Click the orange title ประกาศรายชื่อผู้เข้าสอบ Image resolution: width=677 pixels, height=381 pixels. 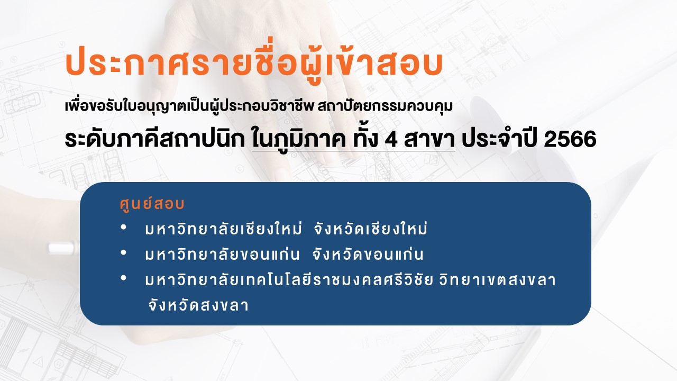(254, 63)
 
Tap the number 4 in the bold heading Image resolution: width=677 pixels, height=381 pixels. (391, 139)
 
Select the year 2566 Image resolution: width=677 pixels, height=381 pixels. (570, 139)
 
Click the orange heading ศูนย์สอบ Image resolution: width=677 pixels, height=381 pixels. (152, 204)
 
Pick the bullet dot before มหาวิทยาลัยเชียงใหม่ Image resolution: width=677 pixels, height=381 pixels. (123, 228)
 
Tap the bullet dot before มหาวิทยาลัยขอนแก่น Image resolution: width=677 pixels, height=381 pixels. (123, 252)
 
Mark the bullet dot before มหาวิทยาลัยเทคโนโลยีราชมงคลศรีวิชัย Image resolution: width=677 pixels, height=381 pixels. (123, 278)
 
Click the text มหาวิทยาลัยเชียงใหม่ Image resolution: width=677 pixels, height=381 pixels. (223, 228)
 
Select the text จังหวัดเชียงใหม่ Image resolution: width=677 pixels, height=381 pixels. (371, 228)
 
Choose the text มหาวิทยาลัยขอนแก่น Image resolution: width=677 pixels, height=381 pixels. (222, 254)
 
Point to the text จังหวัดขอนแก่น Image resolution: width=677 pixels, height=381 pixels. (368, 254)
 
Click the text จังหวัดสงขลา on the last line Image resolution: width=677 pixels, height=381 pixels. (198, 305)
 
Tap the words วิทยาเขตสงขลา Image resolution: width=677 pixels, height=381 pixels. (498, 279)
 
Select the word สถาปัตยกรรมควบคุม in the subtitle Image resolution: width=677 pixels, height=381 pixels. (385, 106)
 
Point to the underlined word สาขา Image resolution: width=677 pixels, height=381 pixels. (429, 139)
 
